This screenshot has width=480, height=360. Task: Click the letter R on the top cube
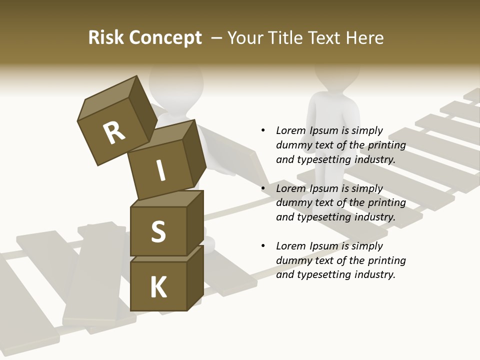click(x=114, y=132)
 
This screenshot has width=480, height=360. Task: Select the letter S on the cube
click(x=158, y=231)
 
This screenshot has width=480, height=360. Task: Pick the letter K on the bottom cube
click(x=158, y=287)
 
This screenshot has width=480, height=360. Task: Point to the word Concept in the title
click(x=165, y=38)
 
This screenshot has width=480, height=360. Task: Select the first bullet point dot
click(x=263, y=131)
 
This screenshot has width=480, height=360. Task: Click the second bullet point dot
click(x=263, y=189)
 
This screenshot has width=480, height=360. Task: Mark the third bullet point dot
click(x=263, y=246)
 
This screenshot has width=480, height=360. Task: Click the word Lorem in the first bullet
click(x=290, y=131)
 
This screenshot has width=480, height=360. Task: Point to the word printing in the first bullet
click(x=386, y=145)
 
